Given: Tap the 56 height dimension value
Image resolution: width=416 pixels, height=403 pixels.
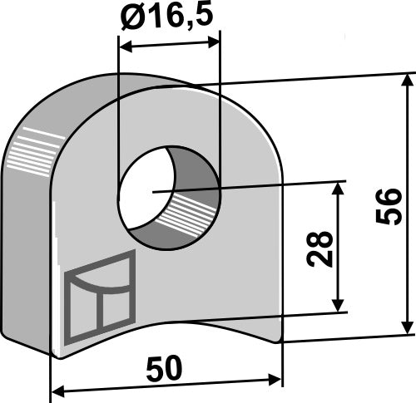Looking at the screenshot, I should click(x=389, y=206).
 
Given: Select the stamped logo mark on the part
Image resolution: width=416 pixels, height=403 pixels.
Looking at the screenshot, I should click(x=98, y=297).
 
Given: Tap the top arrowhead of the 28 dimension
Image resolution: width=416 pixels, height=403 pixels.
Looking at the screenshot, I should click(x=338, y=189).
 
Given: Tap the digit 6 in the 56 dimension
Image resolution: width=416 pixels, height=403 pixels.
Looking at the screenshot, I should click(x=389, y=197).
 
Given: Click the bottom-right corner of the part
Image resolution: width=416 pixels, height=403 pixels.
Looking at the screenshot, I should click(x=282, y=340).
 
